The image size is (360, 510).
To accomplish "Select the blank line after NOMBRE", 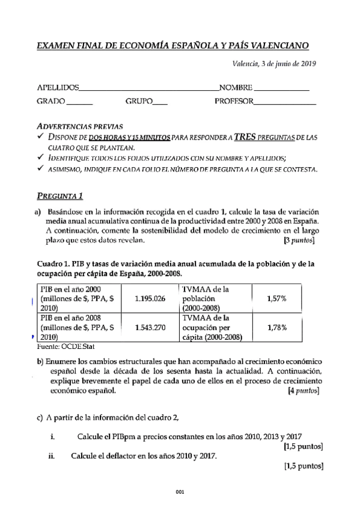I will pyautogui.click(x=282, y=88).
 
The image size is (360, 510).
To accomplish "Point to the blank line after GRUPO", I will pyautogui.click(x=160, y=103).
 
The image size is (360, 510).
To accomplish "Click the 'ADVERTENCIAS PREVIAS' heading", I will pyautogui.click(x=80, y=127).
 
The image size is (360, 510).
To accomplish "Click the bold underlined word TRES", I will pyautogui.click(x=246, y=137).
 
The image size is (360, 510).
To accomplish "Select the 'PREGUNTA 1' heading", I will pyautogui.click(x=60, y=195).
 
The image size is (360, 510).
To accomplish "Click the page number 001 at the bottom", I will pyautogui.click(x=180, y=492).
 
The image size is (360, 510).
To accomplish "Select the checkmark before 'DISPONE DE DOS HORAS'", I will pyautogui.click(x=40, y=137).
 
